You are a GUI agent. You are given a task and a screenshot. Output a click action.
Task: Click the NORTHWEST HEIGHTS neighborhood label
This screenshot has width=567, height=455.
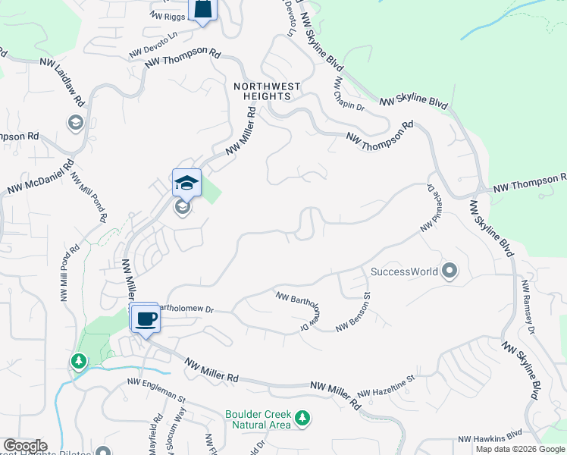coord(267,92)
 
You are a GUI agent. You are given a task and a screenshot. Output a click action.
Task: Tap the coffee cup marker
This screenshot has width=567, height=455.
coord(145,318)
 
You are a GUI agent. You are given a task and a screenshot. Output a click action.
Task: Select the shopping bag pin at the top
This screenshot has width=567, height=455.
coord(202,9)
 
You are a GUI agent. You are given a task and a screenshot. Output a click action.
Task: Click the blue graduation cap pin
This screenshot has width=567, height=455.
coord(186,183)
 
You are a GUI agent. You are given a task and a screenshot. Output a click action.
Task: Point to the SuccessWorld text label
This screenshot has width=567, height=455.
coord(404,271)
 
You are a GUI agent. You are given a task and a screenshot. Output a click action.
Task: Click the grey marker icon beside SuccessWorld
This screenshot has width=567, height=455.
coord(450,271)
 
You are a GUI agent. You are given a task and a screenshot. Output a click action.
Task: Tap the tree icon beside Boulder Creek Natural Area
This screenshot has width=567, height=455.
coord(302,418)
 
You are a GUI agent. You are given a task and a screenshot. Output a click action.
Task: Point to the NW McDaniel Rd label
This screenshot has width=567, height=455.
coord(41,177)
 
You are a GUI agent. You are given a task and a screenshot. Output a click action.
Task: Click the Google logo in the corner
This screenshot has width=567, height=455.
coord(24,446)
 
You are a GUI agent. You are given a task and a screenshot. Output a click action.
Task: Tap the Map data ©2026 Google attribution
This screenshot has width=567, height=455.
coord(520,449)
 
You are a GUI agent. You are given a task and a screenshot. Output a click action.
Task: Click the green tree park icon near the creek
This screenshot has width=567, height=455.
coord(77,361)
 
